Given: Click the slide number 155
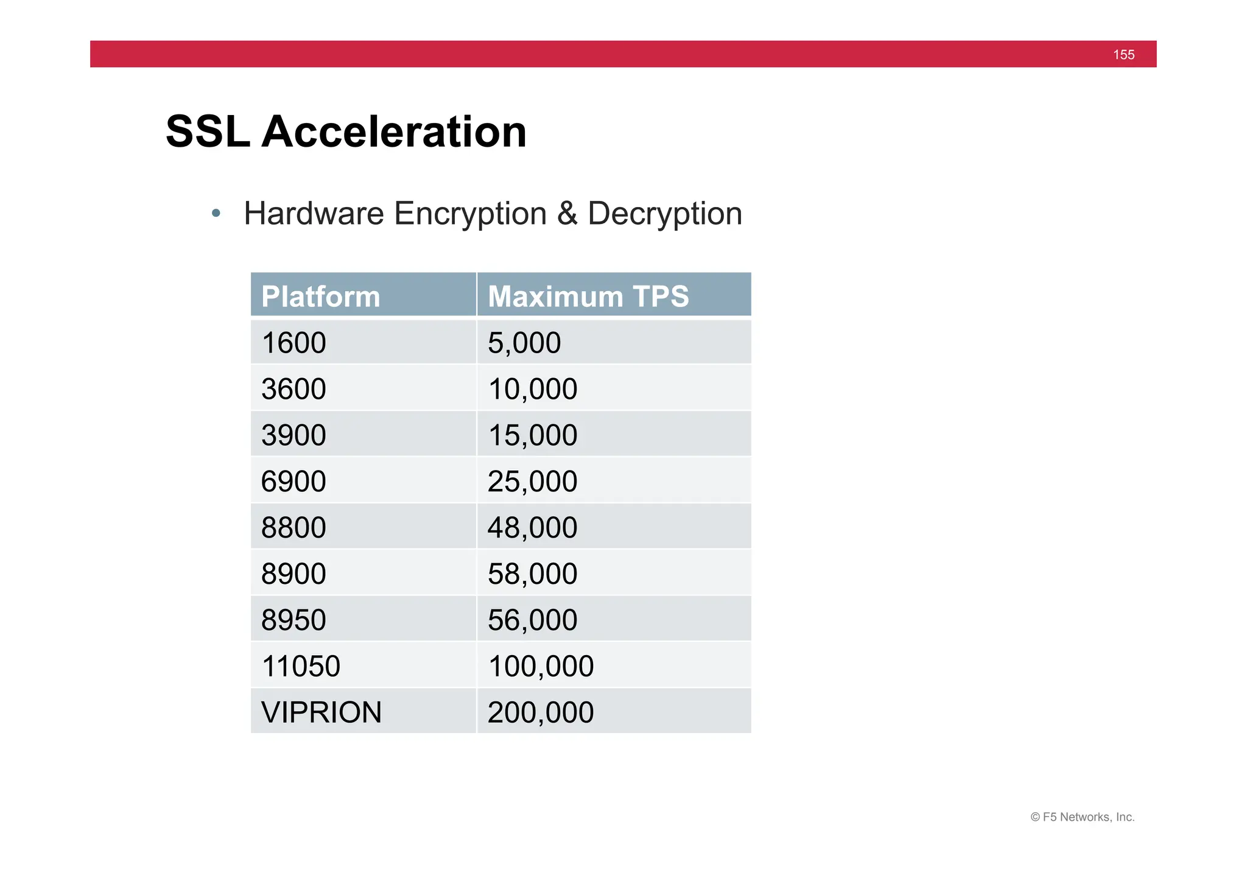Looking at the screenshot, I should [x=1123, y=55].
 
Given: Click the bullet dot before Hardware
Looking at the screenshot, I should [x=216, y=214].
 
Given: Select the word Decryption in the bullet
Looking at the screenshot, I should [x=664, y=214].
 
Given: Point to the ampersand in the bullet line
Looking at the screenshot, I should [x=566, y=214].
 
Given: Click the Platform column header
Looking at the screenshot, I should [x=321, y=297].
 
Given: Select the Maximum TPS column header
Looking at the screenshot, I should [x=588, y=297].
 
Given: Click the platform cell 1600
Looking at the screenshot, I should [x=293, y=343].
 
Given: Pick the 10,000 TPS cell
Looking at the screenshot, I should [x=532, y=389].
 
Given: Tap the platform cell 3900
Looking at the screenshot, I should [x=293, y=435].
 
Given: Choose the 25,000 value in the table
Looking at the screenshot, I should [x=532, y=482].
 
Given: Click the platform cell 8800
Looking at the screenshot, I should [x=293, y=528].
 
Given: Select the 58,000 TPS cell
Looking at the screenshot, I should [x=532, y=574].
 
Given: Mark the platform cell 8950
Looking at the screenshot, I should [x=293, y=620].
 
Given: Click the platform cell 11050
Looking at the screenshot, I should [x=301, y=666].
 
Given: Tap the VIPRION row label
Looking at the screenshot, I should [x=321, y=712].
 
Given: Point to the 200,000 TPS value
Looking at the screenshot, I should [x=541, y=712].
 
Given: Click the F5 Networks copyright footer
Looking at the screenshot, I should [x=1082, y=817].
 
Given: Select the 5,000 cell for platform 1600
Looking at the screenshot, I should [x=524, y=343].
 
